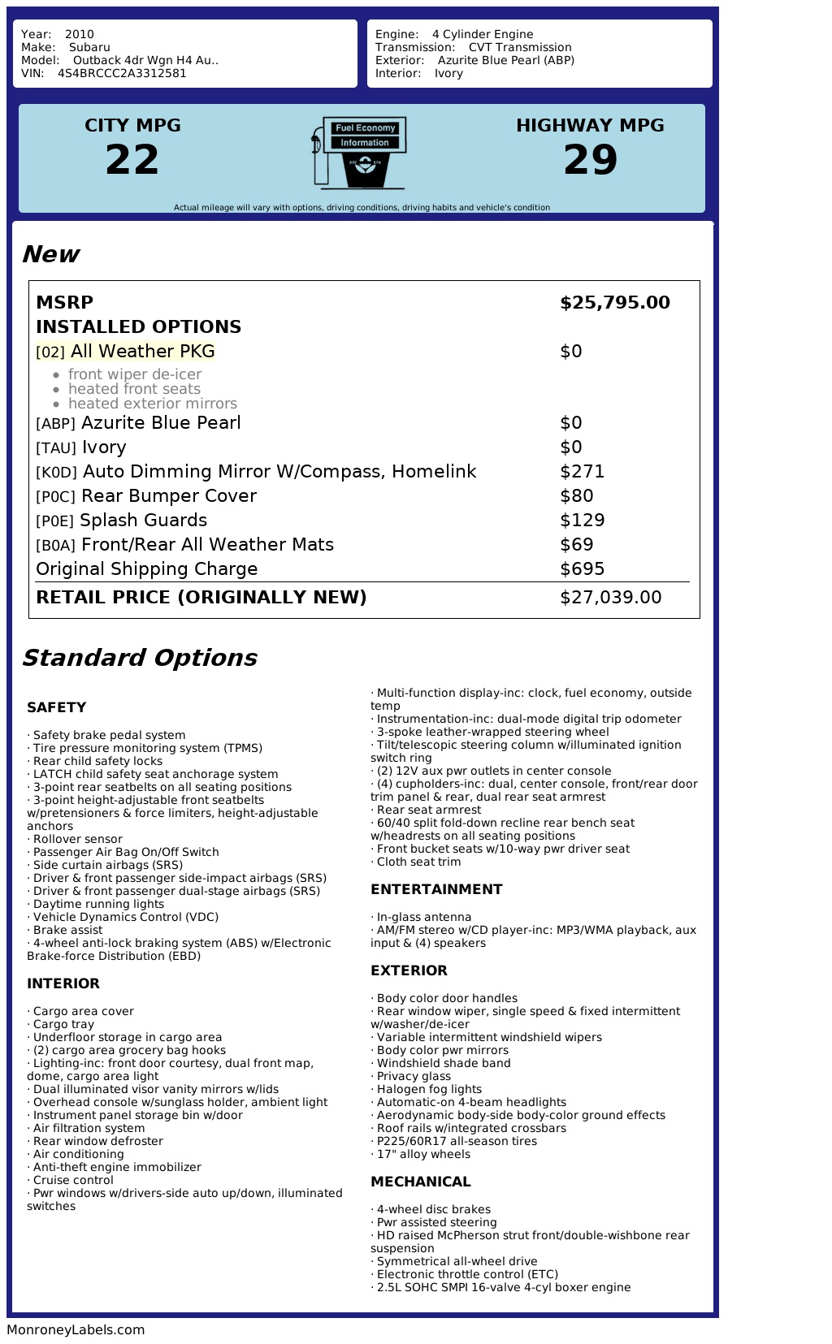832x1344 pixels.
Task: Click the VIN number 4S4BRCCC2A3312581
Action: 122,73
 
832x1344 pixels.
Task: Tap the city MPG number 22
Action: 132,159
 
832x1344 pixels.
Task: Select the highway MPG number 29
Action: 591,159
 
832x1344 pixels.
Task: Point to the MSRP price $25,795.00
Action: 615,303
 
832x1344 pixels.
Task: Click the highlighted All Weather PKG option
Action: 142,352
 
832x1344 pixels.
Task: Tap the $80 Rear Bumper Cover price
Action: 577,496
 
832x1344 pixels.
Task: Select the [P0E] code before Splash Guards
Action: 55,521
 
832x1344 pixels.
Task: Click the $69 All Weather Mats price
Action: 577,545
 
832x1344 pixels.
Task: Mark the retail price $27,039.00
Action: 611,598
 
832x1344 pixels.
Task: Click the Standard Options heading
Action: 139,658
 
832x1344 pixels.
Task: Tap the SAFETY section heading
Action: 56,707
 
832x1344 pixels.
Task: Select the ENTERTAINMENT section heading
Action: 436,889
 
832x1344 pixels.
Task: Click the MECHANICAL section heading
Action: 421,1182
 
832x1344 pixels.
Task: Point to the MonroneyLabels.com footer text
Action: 76,1329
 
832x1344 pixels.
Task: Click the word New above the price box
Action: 50,254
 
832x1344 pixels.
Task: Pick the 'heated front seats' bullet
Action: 134,389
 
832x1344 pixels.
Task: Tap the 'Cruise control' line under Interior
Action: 73,1180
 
